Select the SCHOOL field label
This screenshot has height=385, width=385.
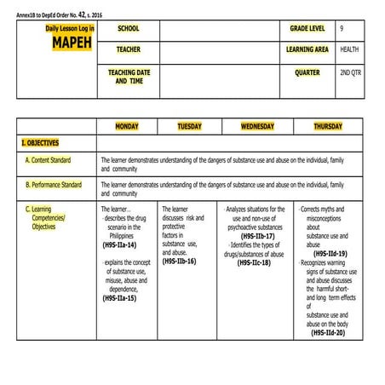(x=128, y=29)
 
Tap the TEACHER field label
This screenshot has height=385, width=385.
(x=129, y=49)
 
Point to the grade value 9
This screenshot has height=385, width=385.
(x=342, y=29)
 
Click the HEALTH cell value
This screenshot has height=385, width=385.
(x=349, y=49)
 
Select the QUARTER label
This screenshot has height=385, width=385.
(x=307, y=72)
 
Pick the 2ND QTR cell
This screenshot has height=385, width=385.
(x=350, y=72)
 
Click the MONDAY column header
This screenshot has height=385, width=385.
(x=127, y=126)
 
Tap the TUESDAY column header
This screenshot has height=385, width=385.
(x=189, y=126)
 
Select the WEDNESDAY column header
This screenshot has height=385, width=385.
(x=257, y=126)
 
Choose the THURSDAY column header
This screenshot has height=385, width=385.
(x=328, y=126)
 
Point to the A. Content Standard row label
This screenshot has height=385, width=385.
(x=49, y=159)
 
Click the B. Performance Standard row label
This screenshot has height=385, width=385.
(x=54, y=183)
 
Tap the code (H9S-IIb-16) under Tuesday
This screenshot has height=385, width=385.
(x=179, y=261)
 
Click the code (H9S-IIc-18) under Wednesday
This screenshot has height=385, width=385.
(x=254, y=262)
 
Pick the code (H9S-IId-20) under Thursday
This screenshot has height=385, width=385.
(x=328, y=332)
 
